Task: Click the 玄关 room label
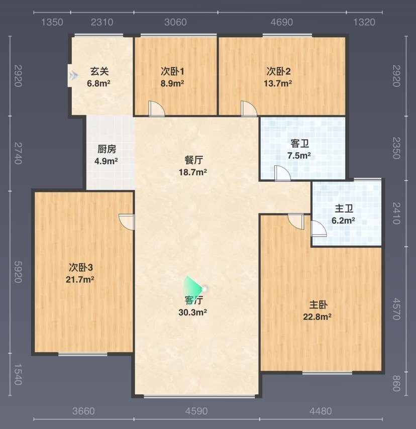pyautogui.click(x=99, y=71)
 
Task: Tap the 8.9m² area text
pyautogui.click(x=172, y=83)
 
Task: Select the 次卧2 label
pyautogui.click(x=278, y=71)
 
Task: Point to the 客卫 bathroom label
pyautogui.click(x=299, y=144)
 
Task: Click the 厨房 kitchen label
pyautogui.click(x=107, y=149)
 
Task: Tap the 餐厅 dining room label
pyautogui.click(x=193, y=160)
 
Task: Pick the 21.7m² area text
pyautogui.click(x=80, y=279)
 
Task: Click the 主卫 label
pyautogui.click(x=344, y=209)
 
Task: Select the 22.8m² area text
pyautogui.click(x=317, y=317)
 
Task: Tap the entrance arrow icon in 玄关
pyautogui.click(x=73, y=75)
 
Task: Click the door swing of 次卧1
pyautogui.click(x=157, y=109)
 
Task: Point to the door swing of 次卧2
pyautogui.click(x=249, y=109)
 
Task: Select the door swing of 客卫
pyautogui.click(x=282, y=173)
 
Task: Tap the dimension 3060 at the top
pyautogui.click(x=175, y=22)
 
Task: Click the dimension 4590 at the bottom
pyautogui.click(x=196, y=411)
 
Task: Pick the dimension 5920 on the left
pyautogui.click(x=18, y=272)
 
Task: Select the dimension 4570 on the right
pyautogui.click(x=396, y=309)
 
